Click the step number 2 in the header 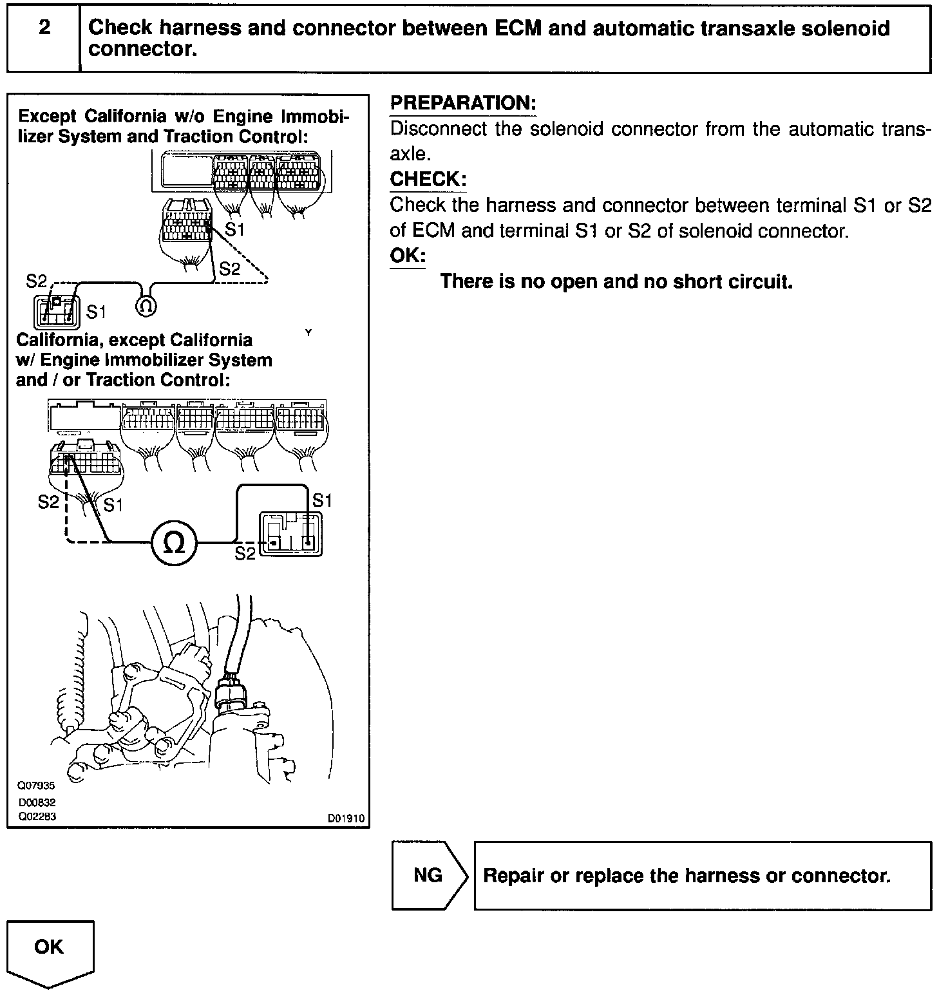(44, 28)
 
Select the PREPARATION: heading (463, 103)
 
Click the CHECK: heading (428, 179)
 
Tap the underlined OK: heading (408, 255)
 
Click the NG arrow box (429, 875)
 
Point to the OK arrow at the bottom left (50, 952)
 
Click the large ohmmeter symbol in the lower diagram (174, 542)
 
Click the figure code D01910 (346, 818)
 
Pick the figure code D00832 (36, 802)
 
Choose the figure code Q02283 (36, 817)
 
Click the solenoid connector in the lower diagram (290, 534)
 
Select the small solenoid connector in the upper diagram (53, 312)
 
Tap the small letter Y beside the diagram (308, 333)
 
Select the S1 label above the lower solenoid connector (321, 500)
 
